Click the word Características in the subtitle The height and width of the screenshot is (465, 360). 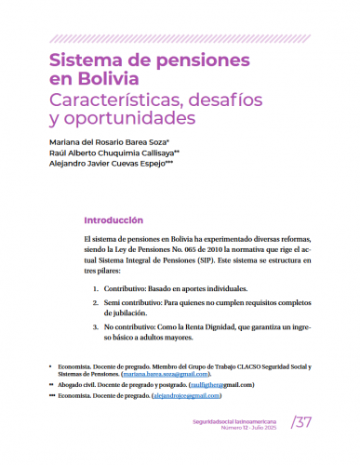click(120, 101)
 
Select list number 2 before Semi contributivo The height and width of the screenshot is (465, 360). click(96, 304)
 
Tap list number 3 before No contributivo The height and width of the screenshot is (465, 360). click(96, 327)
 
